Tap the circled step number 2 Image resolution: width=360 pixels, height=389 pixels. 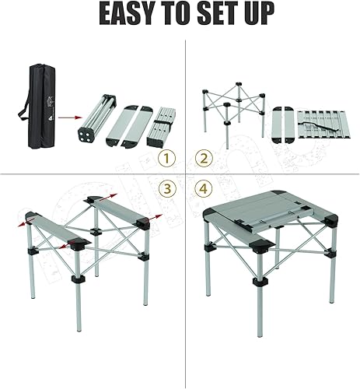coord(204,159)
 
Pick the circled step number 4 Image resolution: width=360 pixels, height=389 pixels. coord(204,188)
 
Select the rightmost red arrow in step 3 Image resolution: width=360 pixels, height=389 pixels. coord(157,216)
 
